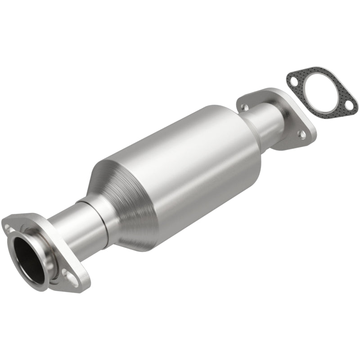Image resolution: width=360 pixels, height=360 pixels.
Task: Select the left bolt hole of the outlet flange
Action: coord(243,107)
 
